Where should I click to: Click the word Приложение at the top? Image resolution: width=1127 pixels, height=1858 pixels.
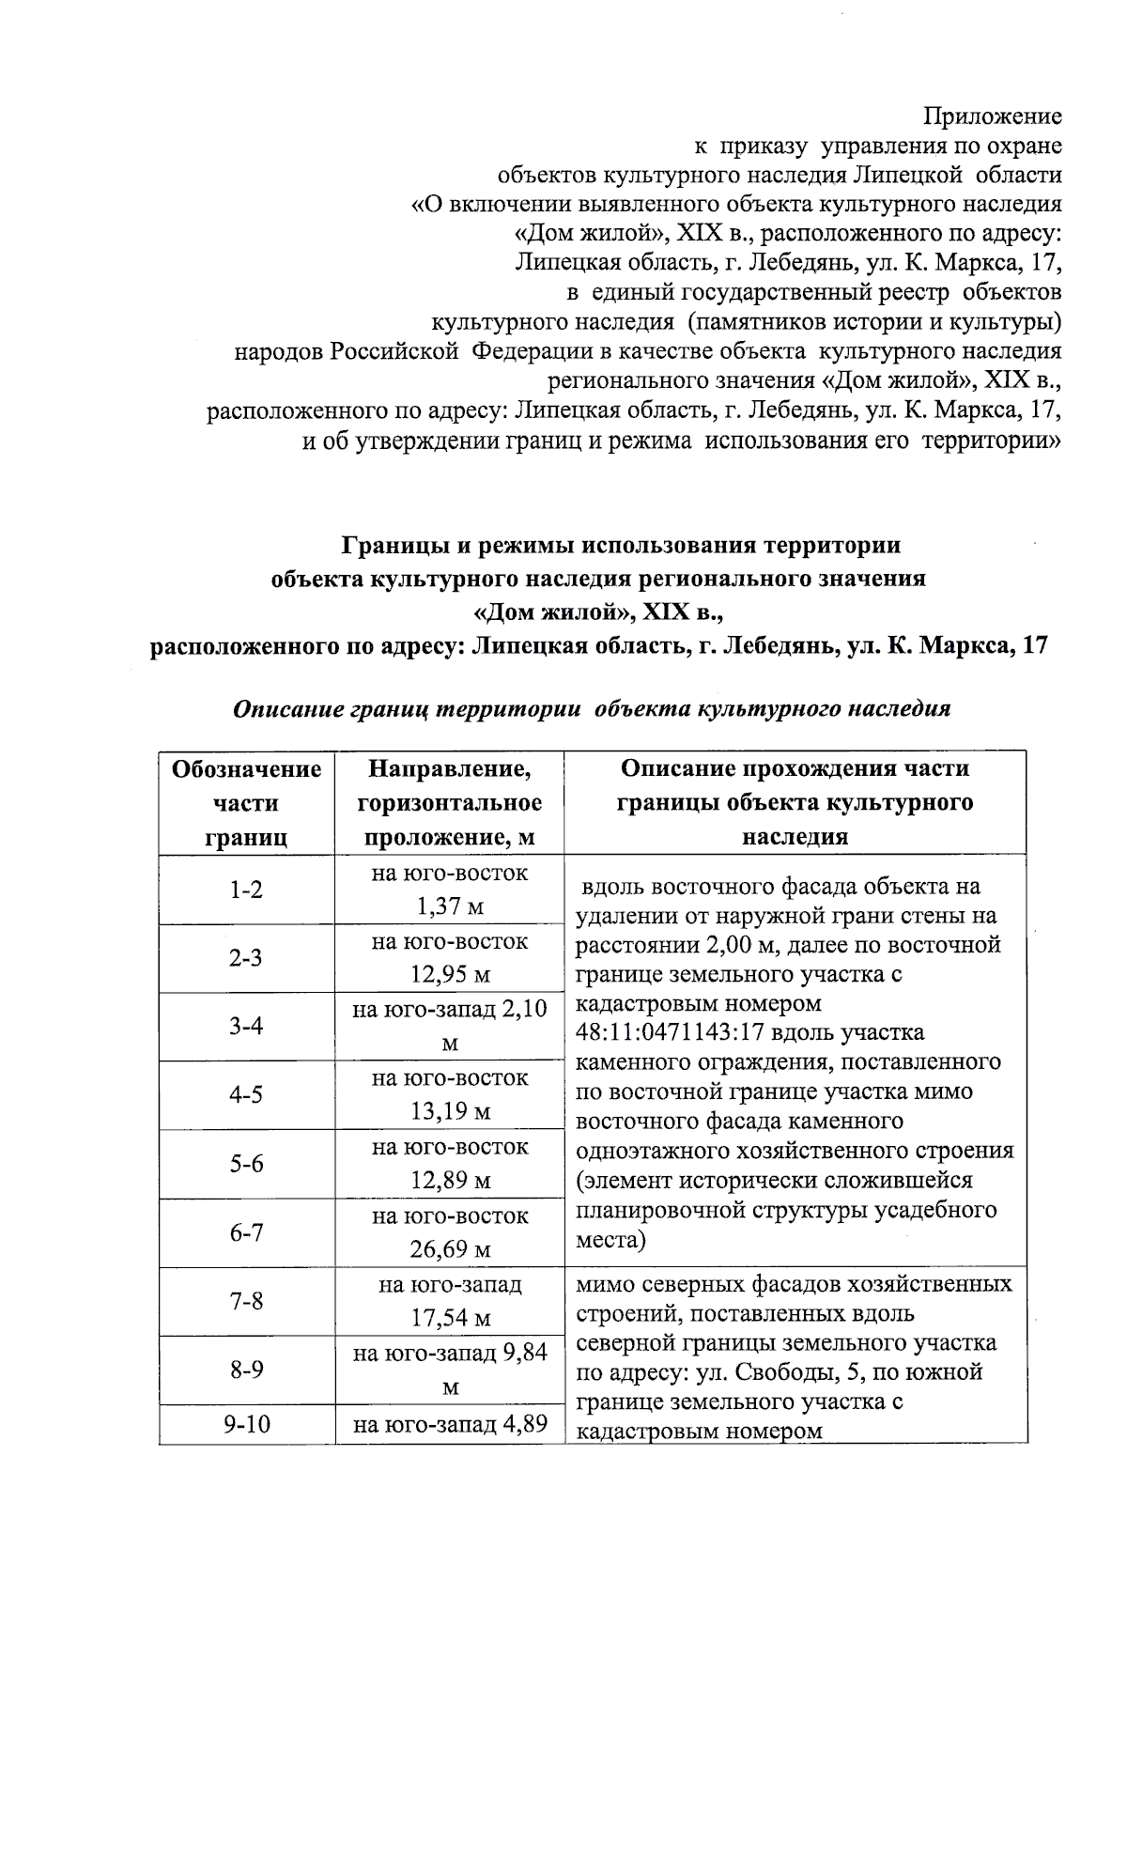(993, 116)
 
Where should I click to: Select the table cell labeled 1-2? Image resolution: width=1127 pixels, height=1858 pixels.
(246, 890)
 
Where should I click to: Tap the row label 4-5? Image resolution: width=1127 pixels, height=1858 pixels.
(246, 1095)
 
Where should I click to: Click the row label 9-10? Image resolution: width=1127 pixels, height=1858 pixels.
(246, 1424)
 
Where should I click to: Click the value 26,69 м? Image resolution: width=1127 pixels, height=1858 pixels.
(450, 1249)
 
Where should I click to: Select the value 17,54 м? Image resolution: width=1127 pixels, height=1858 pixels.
(450, 1319)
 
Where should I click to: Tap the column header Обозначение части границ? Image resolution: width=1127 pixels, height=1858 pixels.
(246, 802)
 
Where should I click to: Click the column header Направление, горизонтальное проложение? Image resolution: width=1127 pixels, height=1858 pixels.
(450, 802)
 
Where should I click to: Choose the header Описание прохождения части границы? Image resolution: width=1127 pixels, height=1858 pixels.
(795, 802)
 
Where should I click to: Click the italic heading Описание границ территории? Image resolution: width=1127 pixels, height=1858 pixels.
(592, 709)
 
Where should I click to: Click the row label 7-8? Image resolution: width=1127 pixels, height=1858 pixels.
(246, 1301)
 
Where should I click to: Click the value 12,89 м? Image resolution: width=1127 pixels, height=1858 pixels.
(450, 1181)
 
